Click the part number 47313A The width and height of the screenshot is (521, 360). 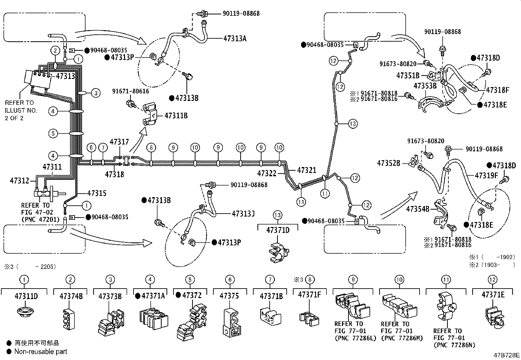click(x=235, y=38)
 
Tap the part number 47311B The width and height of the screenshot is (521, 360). click(x=176, y=116)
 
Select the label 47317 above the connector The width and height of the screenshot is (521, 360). click(x=119, y=142)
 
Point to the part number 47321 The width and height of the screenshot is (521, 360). click(x=307, y=170)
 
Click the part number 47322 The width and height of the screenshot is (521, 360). click(x=267, y=173)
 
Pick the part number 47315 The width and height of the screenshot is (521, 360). click(x=97, y=193)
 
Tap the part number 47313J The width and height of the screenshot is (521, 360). click(x=243, y=214)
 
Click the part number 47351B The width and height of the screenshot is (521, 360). click(x=408, y=75)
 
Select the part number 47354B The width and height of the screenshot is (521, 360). click(x=418, y=209)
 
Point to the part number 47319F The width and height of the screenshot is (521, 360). click(x=486, y=175)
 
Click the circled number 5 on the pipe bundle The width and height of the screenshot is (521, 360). click(x=53, y=133)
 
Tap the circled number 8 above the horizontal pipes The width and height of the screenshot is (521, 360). click(x=151, y=147)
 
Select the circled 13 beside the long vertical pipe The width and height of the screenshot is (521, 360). click(x=353, y=123)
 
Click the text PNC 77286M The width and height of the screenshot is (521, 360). click(x=402, y=338)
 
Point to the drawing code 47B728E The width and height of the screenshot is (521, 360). click(x=506, y=355)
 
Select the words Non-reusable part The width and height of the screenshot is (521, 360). click(x=41, y=351)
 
